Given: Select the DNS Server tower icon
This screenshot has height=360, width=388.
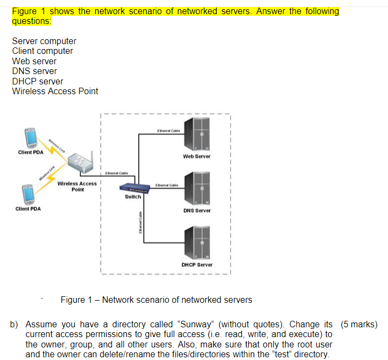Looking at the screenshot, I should [x=197, y=188].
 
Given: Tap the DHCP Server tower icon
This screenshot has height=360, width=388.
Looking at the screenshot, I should [x=197, y=242].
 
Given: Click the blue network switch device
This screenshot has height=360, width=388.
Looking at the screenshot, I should [x=136, y=188].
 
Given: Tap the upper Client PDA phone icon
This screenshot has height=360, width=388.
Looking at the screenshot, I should [x=30, y=138].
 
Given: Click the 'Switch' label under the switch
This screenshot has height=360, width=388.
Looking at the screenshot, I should [x=133, y=197].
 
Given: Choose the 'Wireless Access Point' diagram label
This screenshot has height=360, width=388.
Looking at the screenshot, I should [x=77, y=186].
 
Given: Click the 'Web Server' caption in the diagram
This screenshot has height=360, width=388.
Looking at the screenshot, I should [x=197, y=156].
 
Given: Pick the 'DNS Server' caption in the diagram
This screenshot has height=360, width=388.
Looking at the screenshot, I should [x=197, y=210].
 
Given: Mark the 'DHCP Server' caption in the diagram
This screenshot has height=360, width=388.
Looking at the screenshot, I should [x=197, y=265].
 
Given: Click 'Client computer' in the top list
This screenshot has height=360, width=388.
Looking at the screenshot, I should [x=42, y=51].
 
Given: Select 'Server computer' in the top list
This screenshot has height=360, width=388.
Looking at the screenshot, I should [x=44, y=41].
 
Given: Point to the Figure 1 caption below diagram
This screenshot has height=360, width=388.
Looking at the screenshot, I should [x=156, y=300].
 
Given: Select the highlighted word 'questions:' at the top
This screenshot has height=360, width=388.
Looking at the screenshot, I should [x=32, y=21].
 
